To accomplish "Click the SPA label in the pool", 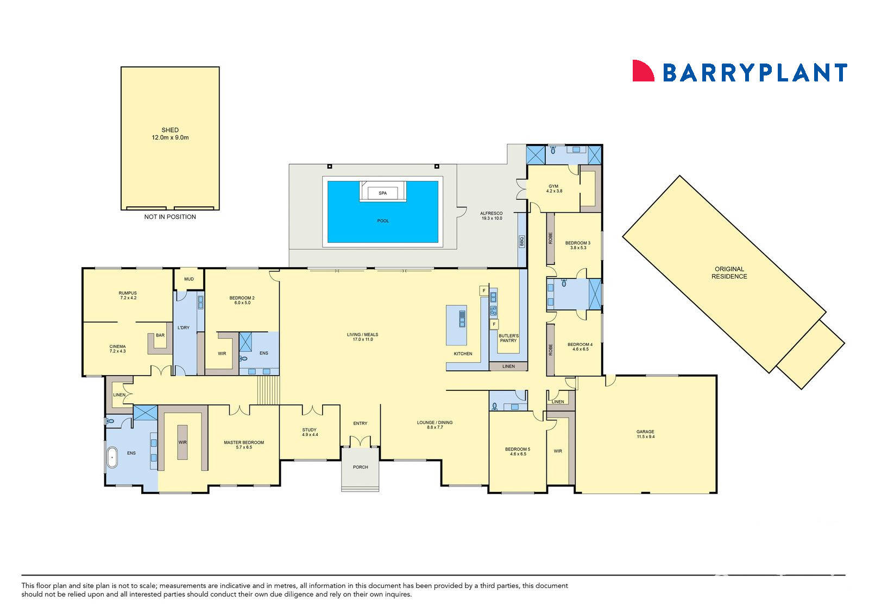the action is tap(382, 193).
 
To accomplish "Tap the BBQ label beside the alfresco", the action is tap(522, 242).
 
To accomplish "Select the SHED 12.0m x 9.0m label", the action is tap(170, 134).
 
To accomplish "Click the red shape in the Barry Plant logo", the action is tap(643, 71).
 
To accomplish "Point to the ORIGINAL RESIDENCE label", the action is tap(729, 273).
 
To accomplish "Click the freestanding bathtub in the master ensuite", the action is tap(112, 458).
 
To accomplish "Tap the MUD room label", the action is tap(189, 279).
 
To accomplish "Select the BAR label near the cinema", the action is tap(160, 336).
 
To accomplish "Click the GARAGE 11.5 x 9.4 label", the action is tap(645, 434).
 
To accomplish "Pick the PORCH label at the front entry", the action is tap(361, 467).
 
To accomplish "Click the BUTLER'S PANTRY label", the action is tap(508, 338).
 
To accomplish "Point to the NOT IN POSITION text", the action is tap(170, 217).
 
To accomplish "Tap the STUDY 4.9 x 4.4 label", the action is tap(310, 432).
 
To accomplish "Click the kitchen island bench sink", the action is tap(462, 319).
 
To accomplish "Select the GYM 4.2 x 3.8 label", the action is tap(553, 189).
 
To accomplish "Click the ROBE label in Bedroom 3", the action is tap(551, 238).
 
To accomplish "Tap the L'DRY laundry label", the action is tap(184, 327).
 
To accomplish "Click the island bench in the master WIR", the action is tap(182, 443).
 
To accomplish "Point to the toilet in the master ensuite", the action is tap(110, 421).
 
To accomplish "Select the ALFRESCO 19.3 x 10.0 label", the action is tap(492, 216).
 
